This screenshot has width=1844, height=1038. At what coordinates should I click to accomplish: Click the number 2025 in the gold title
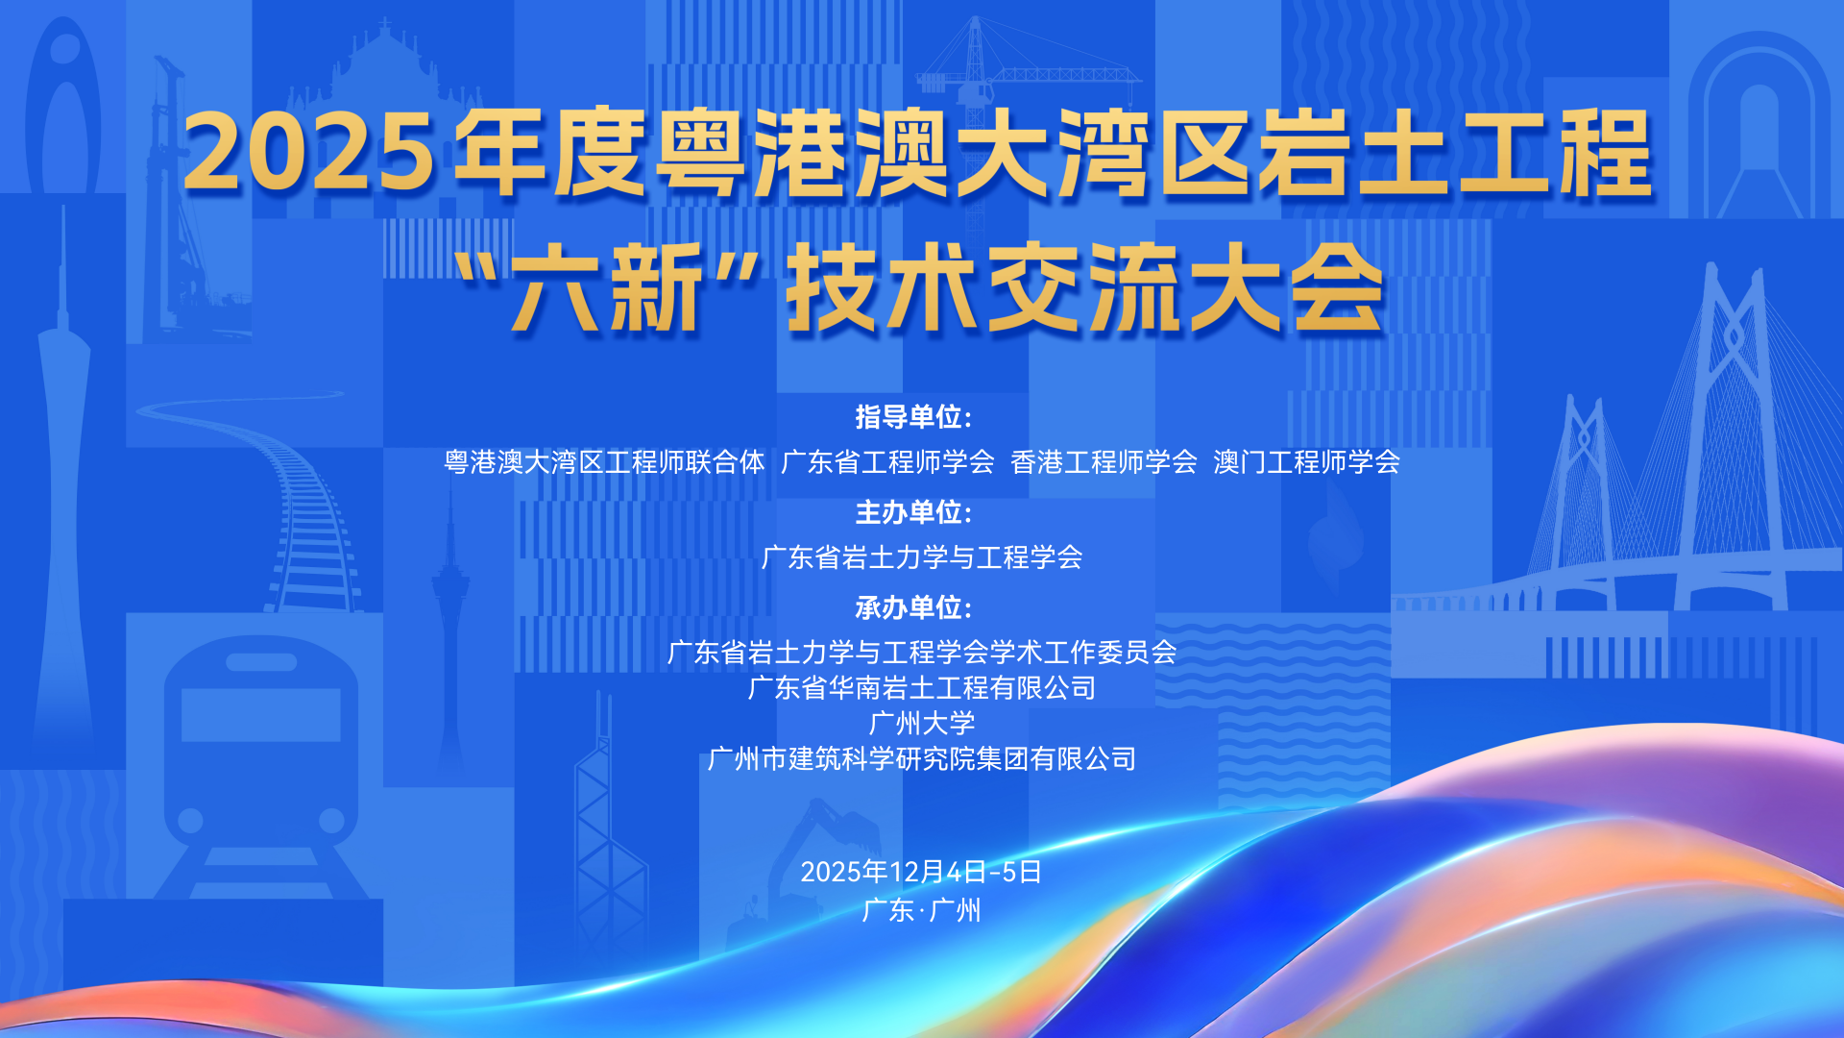[309, 152]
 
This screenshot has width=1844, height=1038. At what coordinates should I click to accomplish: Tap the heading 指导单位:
[913, 417]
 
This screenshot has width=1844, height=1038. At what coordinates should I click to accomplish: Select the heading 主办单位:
[913, 512]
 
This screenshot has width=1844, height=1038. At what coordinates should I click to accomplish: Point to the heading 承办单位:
[913, 607]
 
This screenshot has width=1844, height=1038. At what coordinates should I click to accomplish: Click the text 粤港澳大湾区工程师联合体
[604, 462]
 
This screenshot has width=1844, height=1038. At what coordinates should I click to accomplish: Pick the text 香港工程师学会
[1104, 462]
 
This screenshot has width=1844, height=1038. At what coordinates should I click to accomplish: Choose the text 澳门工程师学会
[1306, 462]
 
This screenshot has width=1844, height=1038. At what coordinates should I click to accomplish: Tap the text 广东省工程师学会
[887, 462]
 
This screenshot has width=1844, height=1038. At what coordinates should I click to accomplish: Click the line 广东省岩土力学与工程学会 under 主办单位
[922, 557]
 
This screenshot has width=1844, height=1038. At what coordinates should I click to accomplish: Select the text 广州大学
[922, 723]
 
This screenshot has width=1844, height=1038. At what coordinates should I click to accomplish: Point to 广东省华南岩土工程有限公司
[922, 688]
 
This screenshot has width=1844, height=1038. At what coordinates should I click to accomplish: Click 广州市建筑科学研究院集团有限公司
[922, 759]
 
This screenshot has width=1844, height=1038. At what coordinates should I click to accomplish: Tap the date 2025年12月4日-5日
[922, 872]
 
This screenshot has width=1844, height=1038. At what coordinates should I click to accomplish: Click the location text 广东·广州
[922, 909]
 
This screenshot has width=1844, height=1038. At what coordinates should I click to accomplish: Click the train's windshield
[260, 714]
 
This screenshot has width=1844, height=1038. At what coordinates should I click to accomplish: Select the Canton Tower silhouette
[63, 481]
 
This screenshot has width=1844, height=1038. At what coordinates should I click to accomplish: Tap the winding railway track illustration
[279, 500]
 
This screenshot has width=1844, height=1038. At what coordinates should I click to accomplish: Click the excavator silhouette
[816, 865]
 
